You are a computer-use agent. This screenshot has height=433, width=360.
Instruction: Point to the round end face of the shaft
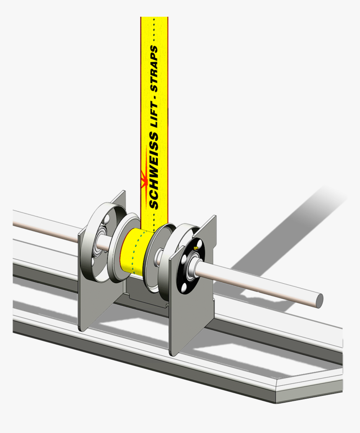click(319, 299)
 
